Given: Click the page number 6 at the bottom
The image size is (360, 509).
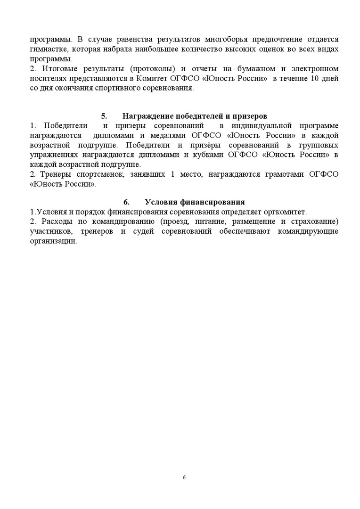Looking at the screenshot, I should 184,477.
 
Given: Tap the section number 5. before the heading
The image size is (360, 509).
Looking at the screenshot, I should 104,116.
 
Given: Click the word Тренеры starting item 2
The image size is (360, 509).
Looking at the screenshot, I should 54,174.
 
